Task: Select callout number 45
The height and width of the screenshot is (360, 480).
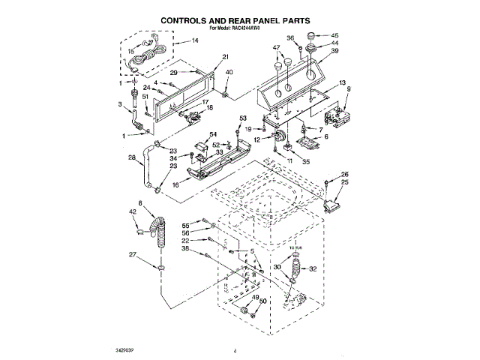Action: (334, 35)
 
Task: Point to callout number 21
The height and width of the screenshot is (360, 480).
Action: (224, 57)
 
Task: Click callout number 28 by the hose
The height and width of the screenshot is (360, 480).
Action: (131, 157)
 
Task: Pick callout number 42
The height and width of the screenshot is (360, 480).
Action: (133, 213)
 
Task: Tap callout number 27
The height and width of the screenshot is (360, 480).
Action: (133, 255)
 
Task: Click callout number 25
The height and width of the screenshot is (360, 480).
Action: (345, 183)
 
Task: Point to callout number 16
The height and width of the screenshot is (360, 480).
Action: (154, 184)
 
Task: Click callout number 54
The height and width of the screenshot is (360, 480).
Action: (202, 134)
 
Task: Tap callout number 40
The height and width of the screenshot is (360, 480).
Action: (229, 72)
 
